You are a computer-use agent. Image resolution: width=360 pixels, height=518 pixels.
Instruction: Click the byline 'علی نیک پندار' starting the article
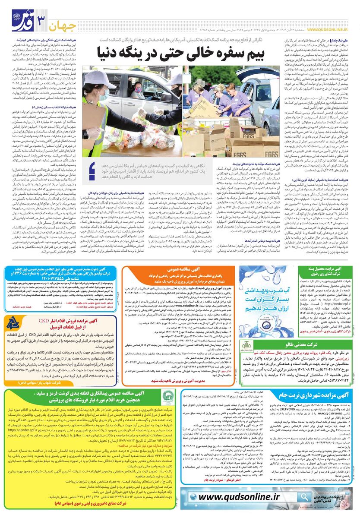point(338,39)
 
